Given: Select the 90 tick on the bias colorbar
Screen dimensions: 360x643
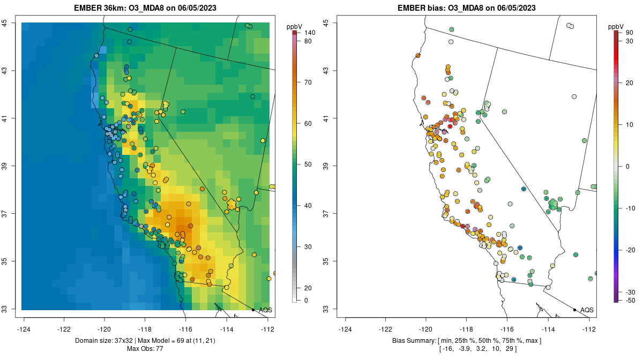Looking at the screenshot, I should click(x=629, y=33).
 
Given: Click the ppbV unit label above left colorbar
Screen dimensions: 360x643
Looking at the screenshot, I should click(x=295, y=26).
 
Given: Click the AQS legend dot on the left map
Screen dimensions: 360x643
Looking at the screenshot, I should click(x=253, y=310).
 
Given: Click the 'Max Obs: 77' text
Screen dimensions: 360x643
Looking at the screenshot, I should click(x=145, y=349).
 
